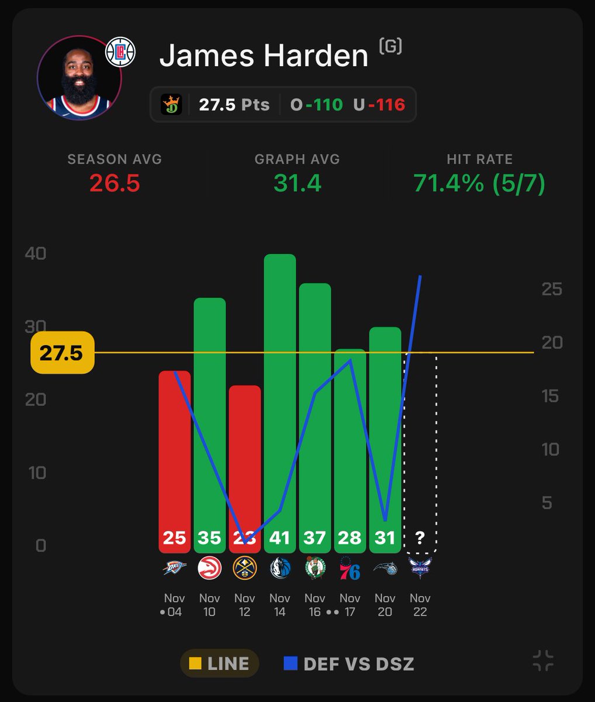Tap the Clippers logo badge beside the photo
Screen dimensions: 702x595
120,52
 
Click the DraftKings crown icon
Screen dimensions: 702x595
171,105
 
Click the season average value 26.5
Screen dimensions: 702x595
115,183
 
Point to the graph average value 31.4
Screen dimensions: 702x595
297,183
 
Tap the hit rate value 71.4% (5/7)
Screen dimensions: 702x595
479,183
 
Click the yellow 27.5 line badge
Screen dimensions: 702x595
61,353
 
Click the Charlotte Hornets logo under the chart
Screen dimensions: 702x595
420,567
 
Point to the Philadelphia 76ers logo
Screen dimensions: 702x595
350,567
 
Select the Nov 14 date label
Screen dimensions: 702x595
279,605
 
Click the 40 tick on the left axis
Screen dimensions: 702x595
36,254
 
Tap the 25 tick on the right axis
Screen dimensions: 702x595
551,289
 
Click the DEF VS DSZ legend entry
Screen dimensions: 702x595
349,663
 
